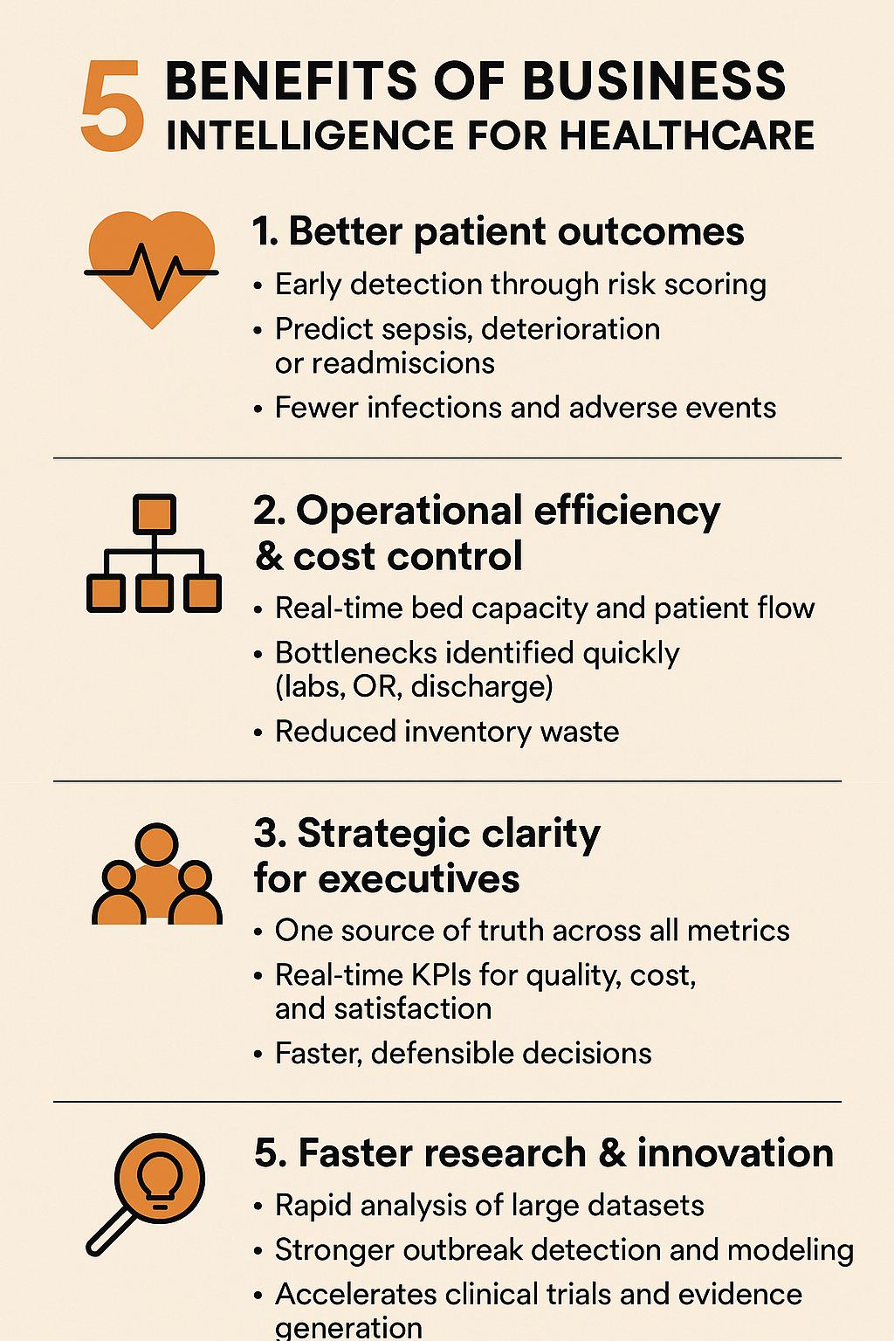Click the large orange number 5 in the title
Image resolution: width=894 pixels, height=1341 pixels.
(x=113, y=107)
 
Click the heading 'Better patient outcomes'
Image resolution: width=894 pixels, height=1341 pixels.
(x=498, y=232)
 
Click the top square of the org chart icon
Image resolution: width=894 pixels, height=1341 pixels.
(x=154, y=514)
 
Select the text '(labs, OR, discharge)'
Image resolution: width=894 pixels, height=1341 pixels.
(x=414, y=687)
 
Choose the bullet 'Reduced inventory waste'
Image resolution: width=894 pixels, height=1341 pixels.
(x=446, y=732)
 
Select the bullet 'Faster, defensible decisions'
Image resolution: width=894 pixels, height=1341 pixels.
(x=463, y=1054)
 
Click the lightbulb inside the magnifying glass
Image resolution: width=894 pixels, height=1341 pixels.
(x=161, y=1181)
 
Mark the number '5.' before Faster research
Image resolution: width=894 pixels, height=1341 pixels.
(x=271, y=1153)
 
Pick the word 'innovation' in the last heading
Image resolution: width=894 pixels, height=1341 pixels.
(x=735, y=1153)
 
